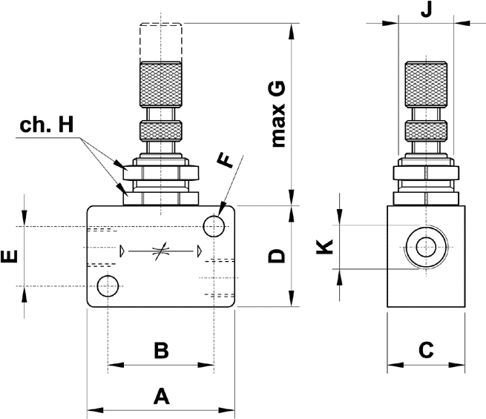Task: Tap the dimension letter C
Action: point(425,349)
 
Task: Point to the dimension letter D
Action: point(276,256)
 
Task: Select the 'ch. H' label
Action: point(47,125)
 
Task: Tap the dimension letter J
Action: point(426,10)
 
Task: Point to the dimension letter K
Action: point(324,246)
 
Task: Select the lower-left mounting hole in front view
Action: point(108,284)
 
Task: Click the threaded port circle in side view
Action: point(426,247)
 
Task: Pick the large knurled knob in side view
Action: point(426,85)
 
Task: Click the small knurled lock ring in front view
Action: point(161,132)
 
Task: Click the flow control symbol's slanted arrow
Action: point(160,251)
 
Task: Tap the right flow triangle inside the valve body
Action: point(199,251)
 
